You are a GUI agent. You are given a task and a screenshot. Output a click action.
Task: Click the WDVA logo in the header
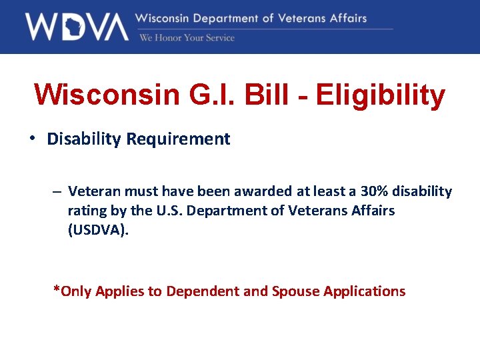tap(77, 27)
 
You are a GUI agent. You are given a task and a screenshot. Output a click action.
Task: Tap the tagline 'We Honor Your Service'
tap(187, 38)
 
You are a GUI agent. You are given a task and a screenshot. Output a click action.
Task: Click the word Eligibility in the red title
tap(380, 95)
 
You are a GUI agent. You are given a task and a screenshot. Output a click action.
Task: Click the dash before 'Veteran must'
tap(58, 192)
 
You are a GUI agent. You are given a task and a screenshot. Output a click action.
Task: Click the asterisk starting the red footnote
tap(57, 290)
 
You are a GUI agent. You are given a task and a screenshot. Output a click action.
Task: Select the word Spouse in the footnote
tap(295, 291)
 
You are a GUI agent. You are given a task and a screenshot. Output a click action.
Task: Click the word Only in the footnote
tap(76, 291)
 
